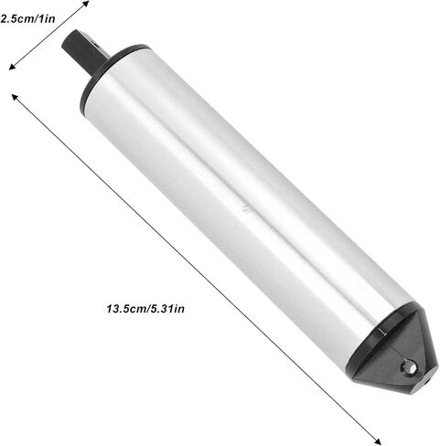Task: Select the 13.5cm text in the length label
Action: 125,309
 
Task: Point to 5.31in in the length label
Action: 167,309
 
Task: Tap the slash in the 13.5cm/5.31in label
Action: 147,309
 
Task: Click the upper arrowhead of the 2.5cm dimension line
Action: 86,4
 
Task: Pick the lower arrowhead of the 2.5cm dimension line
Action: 12,67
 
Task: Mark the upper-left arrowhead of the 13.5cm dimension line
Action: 15,97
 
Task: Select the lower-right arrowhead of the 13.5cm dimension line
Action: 378,441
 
